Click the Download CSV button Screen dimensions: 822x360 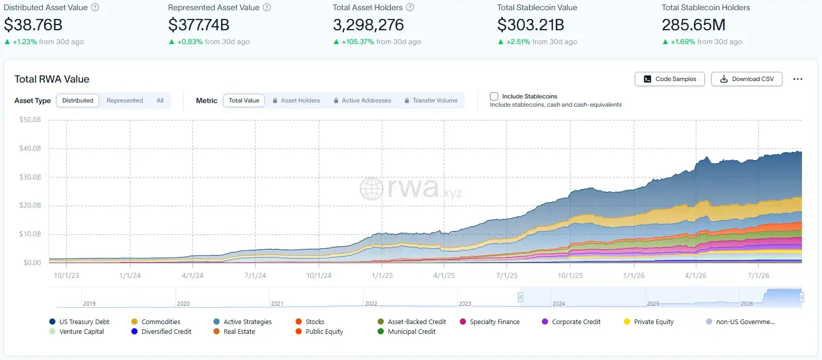point(747,79)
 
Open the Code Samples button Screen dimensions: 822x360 point(670,79)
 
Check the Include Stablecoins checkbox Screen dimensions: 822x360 point(494,96)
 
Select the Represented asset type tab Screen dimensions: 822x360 point(125,101)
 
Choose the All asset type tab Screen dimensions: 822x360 point(160,101)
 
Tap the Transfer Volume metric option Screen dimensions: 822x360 point(431,101)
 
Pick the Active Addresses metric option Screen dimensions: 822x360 point(363,101)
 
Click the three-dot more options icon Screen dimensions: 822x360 point(798,79)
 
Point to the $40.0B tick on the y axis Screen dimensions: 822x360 point(30,148)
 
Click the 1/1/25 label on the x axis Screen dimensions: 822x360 point(382,275)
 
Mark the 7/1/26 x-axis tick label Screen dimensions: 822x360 point(758,275)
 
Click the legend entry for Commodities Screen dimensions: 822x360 point(155,322)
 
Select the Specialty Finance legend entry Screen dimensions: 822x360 point(490,322)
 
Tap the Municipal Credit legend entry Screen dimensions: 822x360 point(406,331)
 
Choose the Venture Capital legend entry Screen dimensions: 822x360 point(76,331)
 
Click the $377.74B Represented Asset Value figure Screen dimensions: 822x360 point(199,25)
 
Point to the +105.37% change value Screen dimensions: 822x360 point(358,42)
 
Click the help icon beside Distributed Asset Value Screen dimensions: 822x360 point(95,7)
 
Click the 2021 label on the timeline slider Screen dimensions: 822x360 point(277,304)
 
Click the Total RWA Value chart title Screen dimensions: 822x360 point(52,79)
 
